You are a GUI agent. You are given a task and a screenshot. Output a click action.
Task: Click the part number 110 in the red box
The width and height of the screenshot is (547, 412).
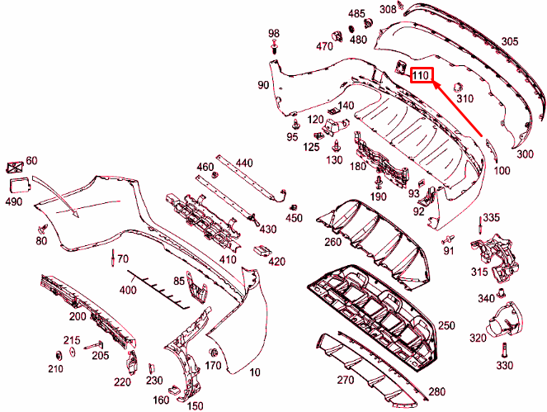[x=421, y=76]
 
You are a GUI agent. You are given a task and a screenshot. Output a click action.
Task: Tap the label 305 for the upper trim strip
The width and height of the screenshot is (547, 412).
[x=510, y=41]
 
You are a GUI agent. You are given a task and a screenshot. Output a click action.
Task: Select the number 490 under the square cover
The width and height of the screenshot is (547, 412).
[x=14, y=201]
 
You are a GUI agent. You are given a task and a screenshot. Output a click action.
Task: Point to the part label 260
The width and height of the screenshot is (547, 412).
[x=332, y=242]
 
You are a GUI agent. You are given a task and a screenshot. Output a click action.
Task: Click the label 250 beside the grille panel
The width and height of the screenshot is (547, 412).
[x=446, y=325]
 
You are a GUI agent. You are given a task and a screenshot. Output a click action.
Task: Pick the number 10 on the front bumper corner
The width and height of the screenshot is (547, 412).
[x=254, y=372]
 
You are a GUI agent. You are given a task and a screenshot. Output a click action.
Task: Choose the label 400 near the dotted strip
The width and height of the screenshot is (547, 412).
[x=127, y=290]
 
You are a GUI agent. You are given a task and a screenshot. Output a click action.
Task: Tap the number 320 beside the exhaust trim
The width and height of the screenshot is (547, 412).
[x=478, y=339]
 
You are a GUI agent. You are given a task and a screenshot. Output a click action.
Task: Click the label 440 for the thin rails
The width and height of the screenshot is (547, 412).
[x=244, y=163]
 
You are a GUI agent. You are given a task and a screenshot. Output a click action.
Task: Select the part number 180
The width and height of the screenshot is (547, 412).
[x=357, y=167]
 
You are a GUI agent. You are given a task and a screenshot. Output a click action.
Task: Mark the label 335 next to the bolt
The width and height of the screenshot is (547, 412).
[x=492, y=217]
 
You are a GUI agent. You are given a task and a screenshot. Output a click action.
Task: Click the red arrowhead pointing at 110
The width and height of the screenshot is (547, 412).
[x=434, y=83]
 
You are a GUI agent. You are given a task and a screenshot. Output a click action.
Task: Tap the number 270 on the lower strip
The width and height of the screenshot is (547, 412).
[x=344, y=381]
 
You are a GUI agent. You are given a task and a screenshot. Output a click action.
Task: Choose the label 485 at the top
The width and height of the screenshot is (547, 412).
[x=356, y=14]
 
